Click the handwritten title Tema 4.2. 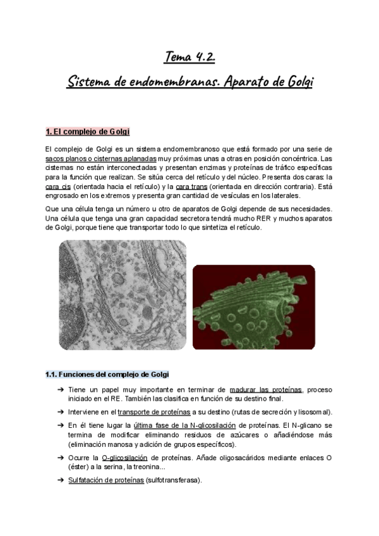(x=189, y=58)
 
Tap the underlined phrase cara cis (x=58, y=188)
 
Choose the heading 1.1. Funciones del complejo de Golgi (x=107, y=374)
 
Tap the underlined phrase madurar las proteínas (x=267, y=389)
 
